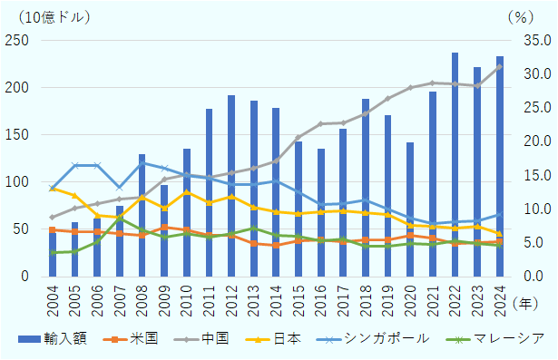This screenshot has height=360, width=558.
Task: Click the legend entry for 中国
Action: pos(226,338)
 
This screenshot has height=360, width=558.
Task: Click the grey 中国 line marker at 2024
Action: pos(499,66)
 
